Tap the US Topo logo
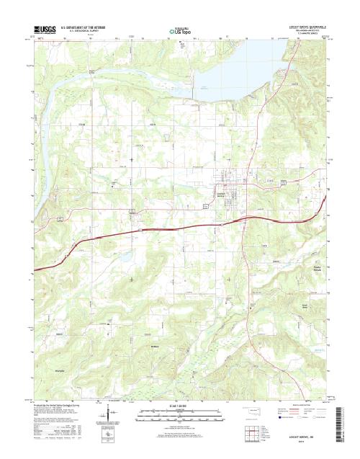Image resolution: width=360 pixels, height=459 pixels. click(x=179, y=31)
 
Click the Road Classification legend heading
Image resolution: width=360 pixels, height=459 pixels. click(x=295, y=404)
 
